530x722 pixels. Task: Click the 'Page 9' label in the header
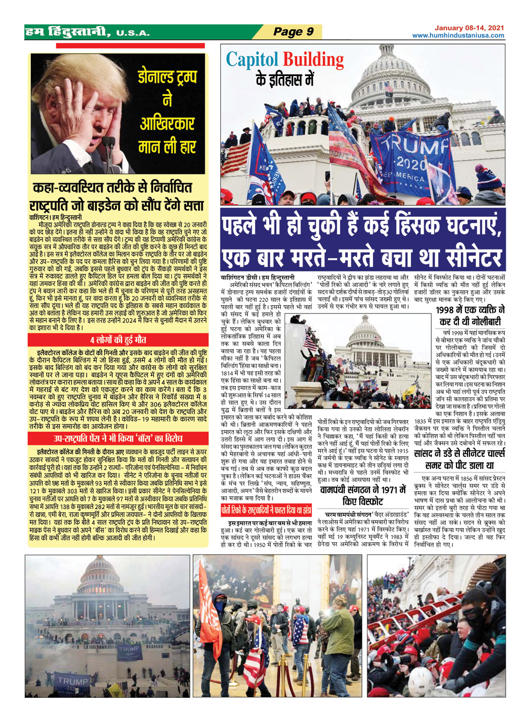click(293, 32)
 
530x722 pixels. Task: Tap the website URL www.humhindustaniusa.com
click(458, 35)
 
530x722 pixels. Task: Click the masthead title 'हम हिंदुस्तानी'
click(68, 32)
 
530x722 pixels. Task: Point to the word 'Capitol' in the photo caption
click(252, 60)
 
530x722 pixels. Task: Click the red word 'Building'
click(313, 60)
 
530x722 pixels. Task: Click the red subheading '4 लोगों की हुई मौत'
click(118, 340)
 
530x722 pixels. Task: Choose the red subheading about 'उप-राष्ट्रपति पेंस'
click(118, 439)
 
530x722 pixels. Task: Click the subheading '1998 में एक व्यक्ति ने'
click(470, 310)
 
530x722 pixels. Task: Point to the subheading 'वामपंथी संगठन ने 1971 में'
click(363, 490)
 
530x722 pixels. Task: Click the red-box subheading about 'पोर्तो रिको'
click(266, 510)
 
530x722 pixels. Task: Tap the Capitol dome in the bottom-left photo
click(100, 576)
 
